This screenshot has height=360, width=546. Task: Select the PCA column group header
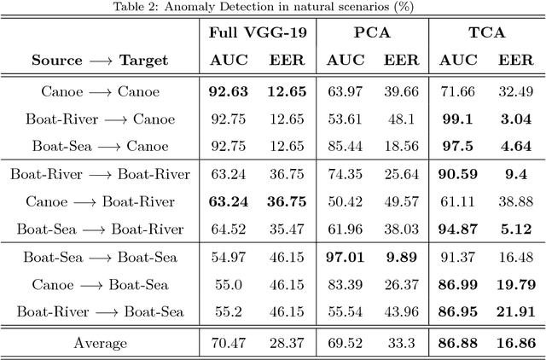click(369, 33)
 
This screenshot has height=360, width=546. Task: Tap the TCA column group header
click(483, 33)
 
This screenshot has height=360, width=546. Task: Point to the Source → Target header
click(100, 61)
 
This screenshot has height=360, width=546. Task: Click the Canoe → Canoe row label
click(100, 91)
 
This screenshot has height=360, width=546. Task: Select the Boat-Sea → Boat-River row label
click(100, 228)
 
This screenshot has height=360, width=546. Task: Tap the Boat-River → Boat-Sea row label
click(100, 311)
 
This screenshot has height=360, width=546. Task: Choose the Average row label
click(100, 344)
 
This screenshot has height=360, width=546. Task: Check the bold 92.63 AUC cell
click(226, 91)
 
